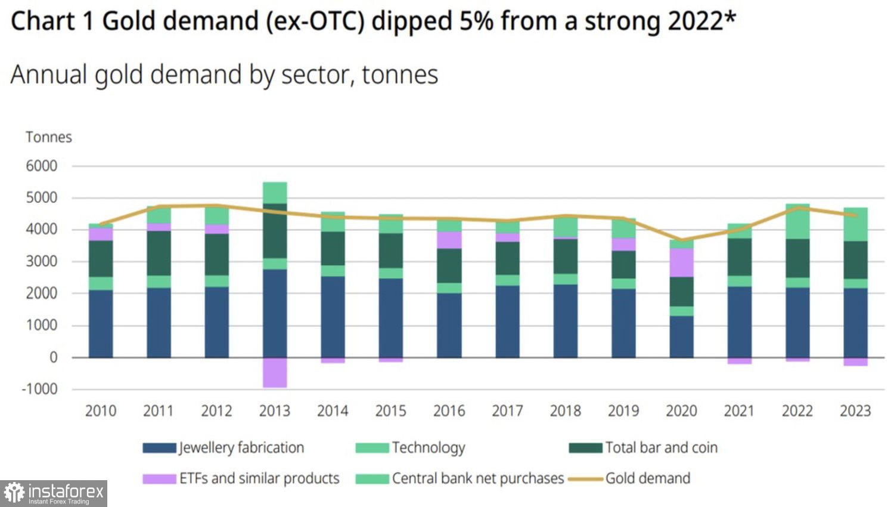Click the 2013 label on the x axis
coord(274,411)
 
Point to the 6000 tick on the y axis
coord(41,166)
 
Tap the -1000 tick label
coord(39,389)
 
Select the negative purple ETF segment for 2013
coord(275,373)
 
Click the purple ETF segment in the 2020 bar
coord(681,262)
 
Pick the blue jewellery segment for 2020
coord(681,336)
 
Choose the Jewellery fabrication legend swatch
coord(159,448)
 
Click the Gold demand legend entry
coord(647,478)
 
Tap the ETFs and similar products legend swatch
coord(159,478)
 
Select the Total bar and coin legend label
coord(661,448)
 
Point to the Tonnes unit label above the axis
coord(48,137)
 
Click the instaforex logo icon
coord(14,493)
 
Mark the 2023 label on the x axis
coord(855,411)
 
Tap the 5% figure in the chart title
coord(476,21)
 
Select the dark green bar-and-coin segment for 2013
coord(275,231)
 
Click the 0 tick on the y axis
coord(54,357)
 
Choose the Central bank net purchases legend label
coord(477,478)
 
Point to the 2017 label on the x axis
coord(507,411)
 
